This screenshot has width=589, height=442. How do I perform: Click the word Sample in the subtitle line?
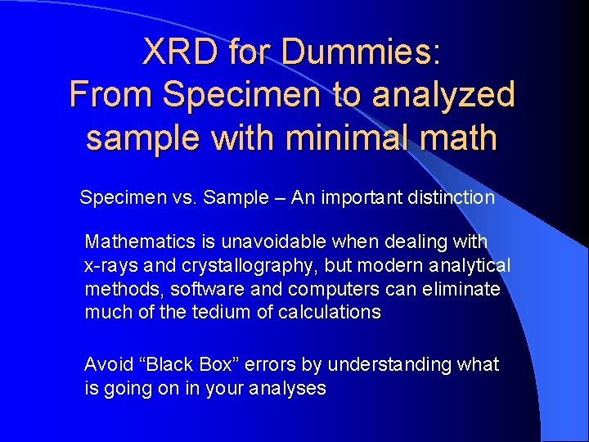[x=236, y=197]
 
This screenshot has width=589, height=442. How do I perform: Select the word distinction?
[x=449, y=197]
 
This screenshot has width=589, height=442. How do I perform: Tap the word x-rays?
[x=110, y=266]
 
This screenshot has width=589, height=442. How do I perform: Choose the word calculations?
[x=330, y=312]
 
